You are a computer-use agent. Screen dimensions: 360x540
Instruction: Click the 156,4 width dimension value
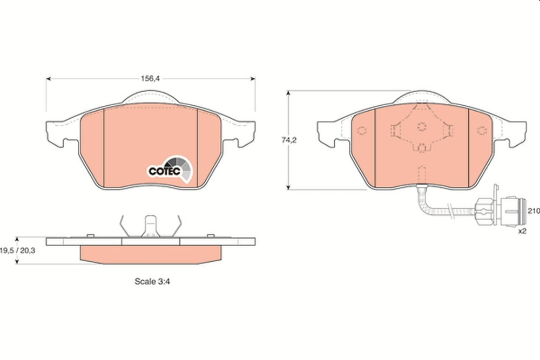coord(150,78)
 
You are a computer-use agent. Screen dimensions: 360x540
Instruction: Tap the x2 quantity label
coord(522,230)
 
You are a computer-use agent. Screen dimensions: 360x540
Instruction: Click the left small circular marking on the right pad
coord(361,131)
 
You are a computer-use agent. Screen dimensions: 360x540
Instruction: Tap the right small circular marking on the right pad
coord(482,131)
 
